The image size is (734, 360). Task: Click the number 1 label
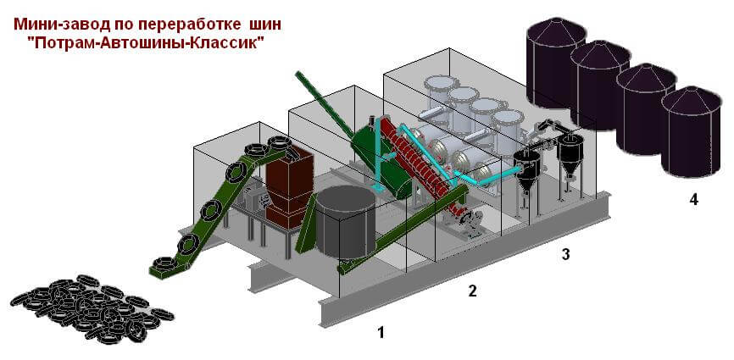point(381,333)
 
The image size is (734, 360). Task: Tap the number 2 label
point(473,291)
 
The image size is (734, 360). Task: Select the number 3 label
point(564,253)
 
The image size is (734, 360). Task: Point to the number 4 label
point(694,201)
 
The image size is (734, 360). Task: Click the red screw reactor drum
point(415,152)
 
